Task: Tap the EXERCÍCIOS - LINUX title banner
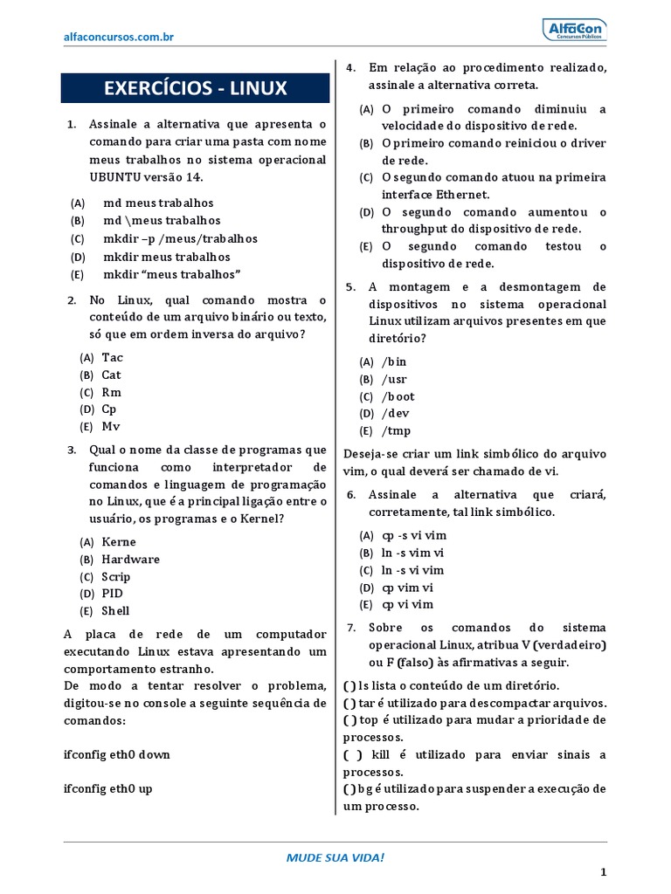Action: pyautogui.click(x=195, y=88)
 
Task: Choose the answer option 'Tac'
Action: pyautogui.click(x=112, y=357)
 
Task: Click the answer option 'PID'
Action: pyautogui.click(x=112, y=594)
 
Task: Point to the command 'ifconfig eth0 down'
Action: pyautogui.click(x=117, y=754)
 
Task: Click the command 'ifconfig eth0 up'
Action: pyautogui.click(x=108, y=788)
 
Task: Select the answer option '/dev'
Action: pyautogui.click(x=395, y=414)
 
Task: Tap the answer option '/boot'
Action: pyautogui.click(x=398, y=396)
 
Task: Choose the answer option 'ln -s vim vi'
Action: pyautogui.click(x=413, y=553)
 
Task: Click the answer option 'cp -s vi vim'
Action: pyautogui.click(x=413, y=535)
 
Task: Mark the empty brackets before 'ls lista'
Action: pyautogui.click(x=349, y=686)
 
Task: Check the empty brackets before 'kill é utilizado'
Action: pyautogui.click(x=350, y=754)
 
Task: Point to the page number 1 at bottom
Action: pyautogui.click(x=602, y=872)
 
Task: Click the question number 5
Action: pyautogui.click(x=350, y=286)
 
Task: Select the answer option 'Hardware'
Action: pyautogui.click(x=130, y=560)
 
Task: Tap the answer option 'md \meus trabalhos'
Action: pyautogui.click(x=162, y=221)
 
